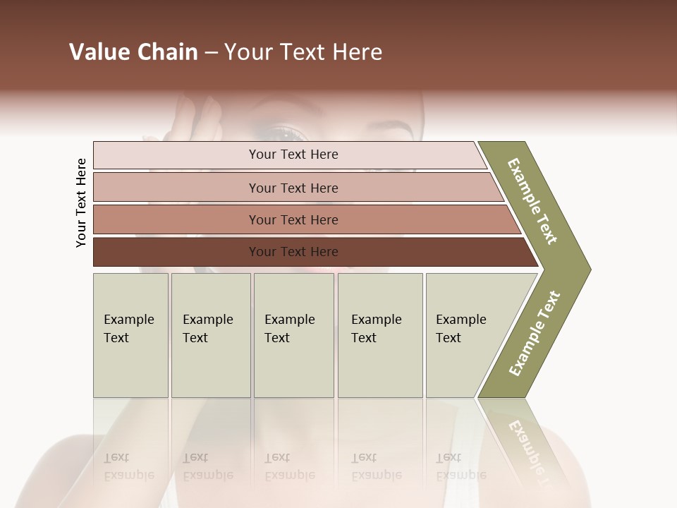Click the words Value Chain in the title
133,52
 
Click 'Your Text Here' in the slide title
303,52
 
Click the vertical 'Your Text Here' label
81,202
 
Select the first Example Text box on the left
130,335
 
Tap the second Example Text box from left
210,335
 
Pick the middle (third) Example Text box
293,335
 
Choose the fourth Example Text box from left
379,335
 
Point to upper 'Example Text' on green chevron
532,201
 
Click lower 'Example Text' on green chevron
535,333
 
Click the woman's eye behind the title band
286,132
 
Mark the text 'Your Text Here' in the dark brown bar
293,252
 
